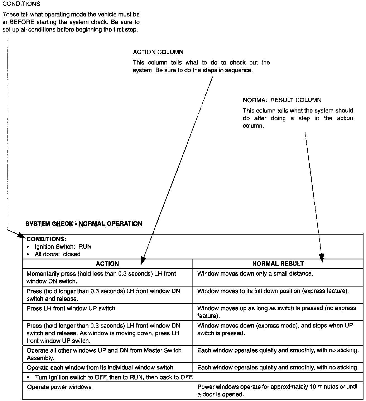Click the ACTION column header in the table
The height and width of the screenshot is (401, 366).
pos(107,264)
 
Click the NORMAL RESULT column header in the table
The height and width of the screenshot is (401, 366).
pos(278,264)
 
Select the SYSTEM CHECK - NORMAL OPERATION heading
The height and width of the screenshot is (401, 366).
pos(84,224)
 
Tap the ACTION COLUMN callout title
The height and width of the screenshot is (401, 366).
pos(158,52)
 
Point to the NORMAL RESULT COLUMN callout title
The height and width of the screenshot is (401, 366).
pos(282,100)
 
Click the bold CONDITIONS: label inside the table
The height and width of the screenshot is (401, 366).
pos(46,239)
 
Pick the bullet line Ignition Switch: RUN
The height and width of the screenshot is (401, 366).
pos(63,247)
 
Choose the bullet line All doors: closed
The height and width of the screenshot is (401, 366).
pos(57,254)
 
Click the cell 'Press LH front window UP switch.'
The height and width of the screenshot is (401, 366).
pos(72,309)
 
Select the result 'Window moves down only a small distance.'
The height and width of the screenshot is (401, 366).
pos(255,274)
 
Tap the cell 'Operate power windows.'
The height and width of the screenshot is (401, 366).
pos(60,387)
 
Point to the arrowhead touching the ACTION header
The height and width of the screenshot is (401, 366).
pos(143,261)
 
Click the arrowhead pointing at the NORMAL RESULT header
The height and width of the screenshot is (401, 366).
pos(322,259)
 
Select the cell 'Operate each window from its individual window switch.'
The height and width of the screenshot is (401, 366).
pos(101,367)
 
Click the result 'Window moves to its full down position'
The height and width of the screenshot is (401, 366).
pos(273,291)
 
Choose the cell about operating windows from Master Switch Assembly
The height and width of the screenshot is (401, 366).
pos(104,354)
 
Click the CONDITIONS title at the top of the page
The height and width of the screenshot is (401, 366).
pos(21,4)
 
